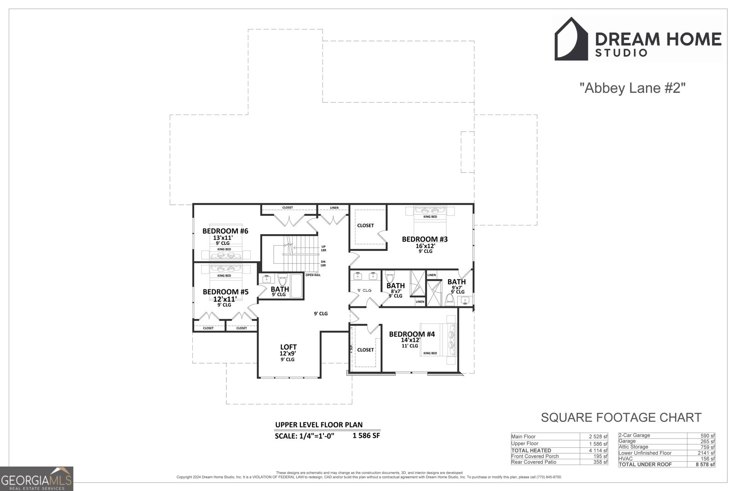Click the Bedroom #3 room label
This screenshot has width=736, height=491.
pos(425,239)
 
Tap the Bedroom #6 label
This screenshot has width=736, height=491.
pos(225,231)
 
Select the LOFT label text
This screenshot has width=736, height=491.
pos(288,347)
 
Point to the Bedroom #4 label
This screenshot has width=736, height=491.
pos(412,334)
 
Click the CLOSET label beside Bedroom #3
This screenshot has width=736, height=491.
pos(365,225)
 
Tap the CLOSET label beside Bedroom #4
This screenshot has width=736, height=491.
pos(365,350)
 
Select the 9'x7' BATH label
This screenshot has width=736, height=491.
pos(456,282)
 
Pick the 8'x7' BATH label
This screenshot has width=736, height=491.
pos(396,286)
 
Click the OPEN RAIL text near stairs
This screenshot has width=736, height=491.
pos(313,275)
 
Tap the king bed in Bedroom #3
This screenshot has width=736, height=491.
pos(430,214)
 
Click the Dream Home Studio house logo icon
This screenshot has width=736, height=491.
pos(571,39)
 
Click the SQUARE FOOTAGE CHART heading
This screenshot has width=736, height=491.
pos(621,417)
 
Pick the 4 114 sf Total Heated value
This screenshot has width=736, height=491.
pos(598,451)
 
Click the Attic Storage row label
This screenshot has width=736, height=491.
pos(633,447)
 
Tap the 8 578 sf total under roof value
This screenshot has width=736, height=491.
pos(705,464)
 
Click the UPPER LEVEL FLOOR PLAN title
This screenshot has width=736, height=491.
pos(319,425)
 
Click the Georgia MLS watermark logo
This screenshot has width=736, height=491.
pos(36,479)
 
